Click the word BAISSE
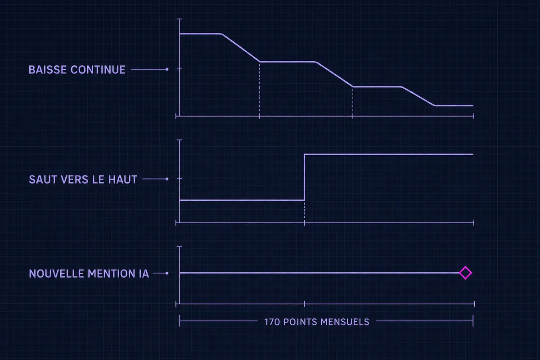(48, 70)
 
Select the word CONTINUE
(98, 70)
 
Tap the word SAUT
(43, 180)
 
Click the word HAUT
(123, 180)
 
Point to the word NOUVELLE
(56, 274)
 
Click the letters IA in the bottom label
(144, 274)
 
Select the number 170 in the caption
(272, 322)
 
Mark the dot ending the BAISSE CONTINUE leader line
(167, 69)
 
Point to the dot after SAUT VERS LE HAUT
(167, 179)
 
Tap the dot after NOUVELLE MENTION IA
(167, 273)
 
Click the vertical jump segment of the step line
(304, 177)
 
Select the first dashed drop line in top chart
(260, 89)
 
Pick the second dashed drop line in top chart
(353, 102)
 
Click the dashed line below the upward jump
(304, 211)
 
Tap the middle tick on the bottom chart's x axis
(304, 304)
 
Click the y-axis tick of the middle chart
(180, 179)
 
